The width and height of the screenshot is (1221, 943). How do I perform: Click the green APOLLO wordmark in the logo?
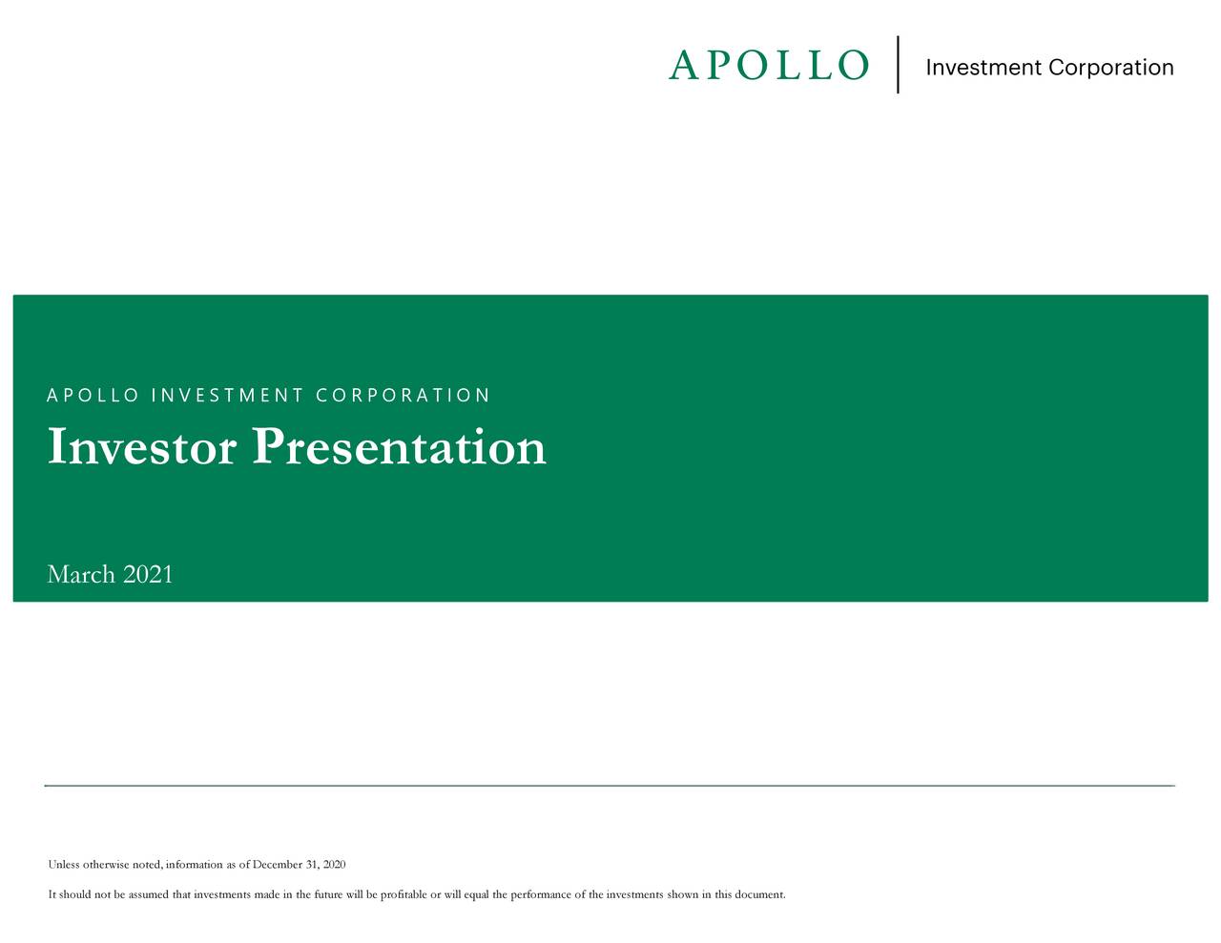tap(769, 66)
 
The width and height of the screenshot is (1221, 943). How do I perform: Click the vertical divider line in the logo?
tap(899, 65)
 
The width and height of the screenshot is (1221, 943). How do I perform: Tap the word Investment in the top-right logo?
tap(983, 68)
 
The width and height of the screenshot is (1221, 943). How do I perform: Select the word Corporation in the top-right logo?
tap(1111, 68)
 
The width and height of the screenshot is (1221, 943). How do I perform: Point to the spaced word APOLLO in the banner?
tap(93, 396)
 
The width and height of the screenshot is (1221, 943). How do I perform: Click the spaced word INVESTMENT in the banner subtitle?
tap(227, 396)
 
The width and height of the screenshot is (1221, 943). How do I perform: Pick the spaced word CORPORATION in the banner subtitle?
tap(403, 396)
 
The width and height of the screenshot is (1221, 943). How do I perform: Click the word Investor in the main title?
tap(141, 447)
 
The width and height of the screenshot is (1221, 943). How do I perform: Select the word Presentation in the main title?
tap(400, 447)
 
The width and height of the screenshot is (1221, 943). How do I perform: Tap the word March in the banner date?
tap(81, 574)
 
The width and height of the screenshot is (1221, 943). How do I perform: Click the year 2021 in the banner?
tap(148, 574)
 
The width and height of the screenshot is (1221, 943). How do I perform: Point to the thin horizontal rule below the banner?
tap(610, 786)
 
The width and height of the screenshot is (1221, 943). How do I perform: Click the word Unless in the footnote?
tap(64, 865)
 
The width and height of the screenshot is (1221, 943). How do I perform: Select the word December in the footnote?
tap(278, 865)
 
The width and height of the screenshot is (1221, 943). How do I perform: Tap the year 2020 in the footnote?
tap(334, 865)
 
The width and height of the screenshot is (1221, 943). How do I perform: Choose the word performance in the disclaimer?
tap(540, 894)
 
